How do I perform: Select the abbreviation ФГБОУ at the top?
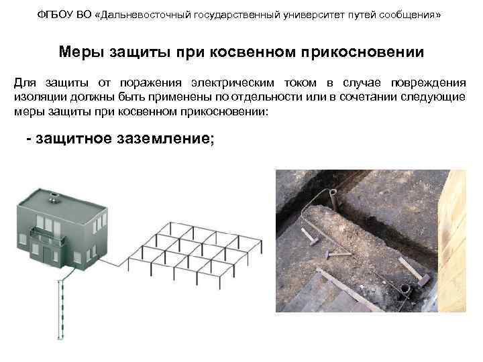(52, 15)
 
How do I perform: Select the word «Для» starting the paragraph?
(26, 84)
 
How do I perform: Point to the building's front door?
(49, 254)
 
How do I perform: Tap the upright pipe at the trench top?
(334, 199)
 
